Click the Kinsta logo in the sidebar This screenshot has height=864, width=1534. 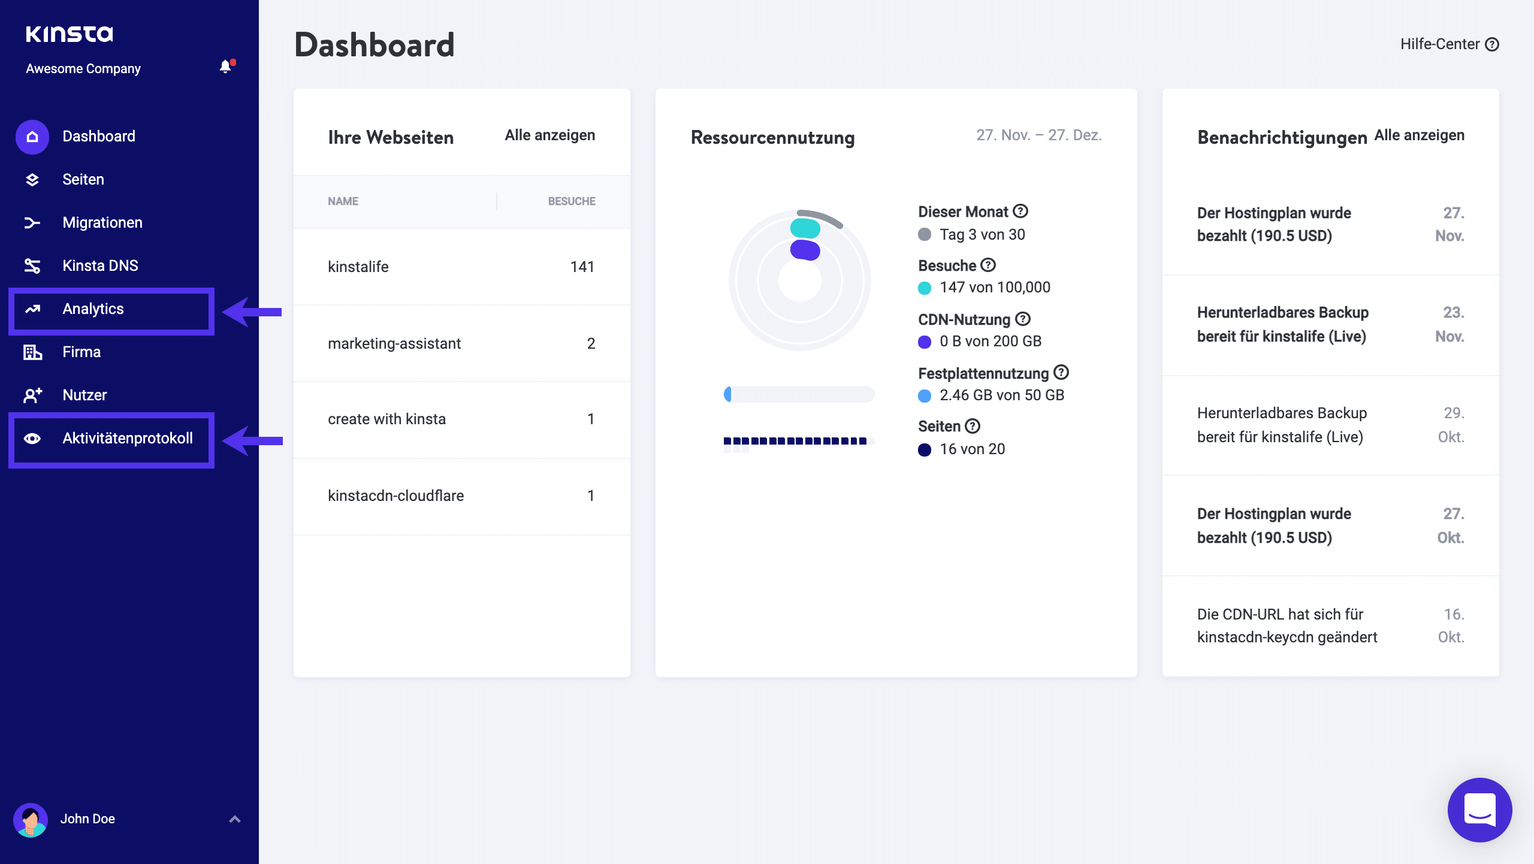pyautogui.click(x=69, y=34)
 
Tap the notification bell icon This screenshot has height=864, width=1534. pyautogui.click(x=225, y=67)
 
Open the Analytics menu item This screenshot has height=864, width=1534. pyautogui.click(x=93, y=309)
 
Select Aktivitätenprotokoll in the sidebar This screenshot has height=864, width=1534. pyautogui.click(x=127, y=439)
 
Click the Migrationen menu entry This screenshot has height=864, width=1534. pyautogui.click(x=102, y=223)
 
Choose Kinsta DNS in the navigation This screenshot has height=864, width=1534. pyautogui.click(x=100, y=266)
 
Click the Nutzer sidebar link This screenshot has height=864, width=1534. pyautogui.click(x=84, y=395)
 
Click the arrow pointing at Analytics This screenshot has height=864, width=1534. pyautogui.click(x=252, y=312)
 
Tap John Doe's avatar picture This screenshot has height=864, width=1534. pyautogui.click(x=31, y=819)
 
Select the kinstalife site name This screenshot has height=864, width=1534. pyautogui.click(x=358, y=267)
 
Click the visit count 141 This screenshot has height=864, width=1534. pyautogui.click(x=582, y=267)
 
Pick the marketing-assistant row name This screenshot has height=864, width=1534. pyautogui.click(x=394, y=344)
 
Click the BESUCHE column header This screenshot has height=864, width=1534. pyautogui.click(x=571, y=202)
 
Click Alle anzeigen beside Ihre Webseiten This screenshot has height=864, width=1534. pyautogui.click(x=549, y=135)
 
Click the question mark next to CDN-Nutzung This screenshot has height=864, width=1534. pyautogui.click(x=1023, y=319)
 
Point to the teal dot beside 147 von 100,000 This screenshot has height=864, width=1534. pyautogui.click(x=925, y=288)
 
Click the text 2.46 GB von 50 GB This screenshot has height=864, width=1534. pyautogui.click(x=1001, y=395)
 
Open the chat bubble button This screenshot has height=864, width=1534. pyautogui.click(x=1479, y=810)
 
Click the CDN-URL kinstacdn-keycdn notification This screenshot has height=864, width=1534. pyautogui.click(x=1287, y=626)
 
